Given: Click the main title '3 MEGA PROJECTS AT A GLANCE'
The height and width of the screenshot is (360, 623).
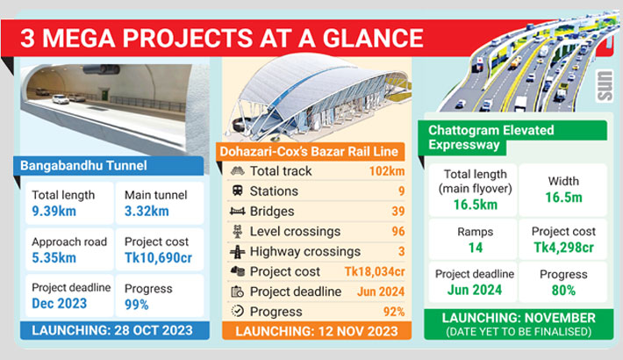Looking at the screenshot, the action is click(222, 38).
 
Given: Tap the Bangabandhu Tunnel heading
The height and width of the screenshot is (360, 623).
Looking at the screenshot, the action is click(83, 165).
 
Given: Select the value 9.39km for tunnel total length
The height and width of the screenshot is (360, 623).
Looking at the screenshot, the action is click(54, 211).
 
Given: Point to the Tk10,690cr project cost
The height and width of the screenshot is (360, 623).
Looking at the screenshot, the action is click(158, 258).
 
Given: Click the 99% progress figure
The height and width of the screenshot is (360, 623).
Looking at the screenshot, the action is click(136, 305).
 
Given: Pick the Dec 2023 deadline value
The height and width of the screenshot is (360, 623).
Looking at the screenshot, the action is click(59, 304).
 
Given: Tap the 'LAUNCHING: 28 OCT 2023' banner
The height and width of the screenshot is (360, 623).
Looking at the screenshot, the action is click(115, 330).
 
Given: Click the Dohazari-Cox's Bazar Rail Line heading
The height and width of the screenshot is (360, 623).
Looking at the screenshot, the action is click(309, 152).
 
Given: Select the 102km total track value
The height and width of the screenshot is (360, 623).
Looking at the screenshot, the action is click(387, 171).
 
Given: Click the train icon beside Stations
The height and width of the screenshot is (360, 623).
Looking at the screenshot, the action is click(238, 191).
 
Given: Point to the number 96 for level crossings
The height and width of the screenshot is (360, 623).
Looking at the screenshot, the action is click(398, 231).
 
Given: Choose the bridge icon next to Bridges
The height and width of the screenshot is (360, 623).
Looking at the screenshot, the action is click(237, 212).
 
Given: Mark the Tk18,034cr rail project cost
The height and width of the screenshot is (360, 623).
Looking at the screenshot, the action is click(375, 271).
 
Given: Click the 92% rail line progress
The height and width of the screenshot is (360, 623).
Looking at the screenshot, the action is click(394, 312).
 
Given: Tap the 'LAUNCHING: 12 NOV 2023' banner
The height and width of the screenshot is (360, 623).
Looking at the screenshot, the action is click(317, 331).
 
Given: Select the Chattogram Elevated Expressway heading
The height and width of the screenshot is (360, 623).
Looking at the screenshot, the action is click(491, 137).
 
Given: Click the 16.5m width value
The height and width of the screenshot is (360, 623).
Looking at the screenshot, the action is click(563, 198).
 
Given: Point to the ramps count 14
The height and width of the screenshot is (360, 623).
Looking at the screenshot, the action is click(476, 248).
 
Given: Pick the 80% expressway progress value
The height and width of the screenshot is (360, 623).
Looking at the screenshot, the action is click(563, 291).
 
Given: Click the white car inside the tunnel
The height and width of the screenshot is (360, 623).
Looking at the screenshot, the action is click(61, 99).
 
